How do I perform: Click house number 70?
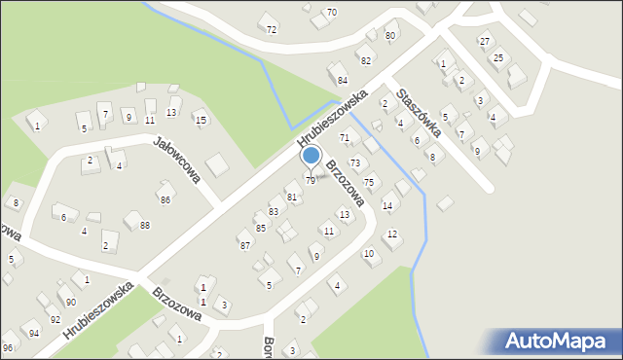click(332, 13)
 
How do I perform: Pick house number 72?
click(272, 30)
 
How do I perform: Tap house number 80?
click(390, 36)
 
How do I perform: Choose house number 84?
click(342, 79)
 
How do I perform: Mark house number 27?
click(485, 41)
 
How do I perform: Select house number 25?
click(498, 58)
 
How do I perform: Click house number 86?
click(165, 199)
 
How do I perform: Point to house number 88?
click(145, 226)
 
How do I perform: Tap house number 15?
click(201, 120)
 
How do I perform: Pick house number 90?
click(71, 303)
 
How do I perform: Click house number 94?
click(34, 333)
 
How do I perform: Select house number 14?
click(387, 205)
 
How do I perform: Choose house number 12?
click(392, 234)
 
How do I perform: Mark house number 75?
click(369, 183)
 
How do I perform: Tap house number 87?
click(245, 245)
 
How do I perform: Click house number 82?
click(366, 60)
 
